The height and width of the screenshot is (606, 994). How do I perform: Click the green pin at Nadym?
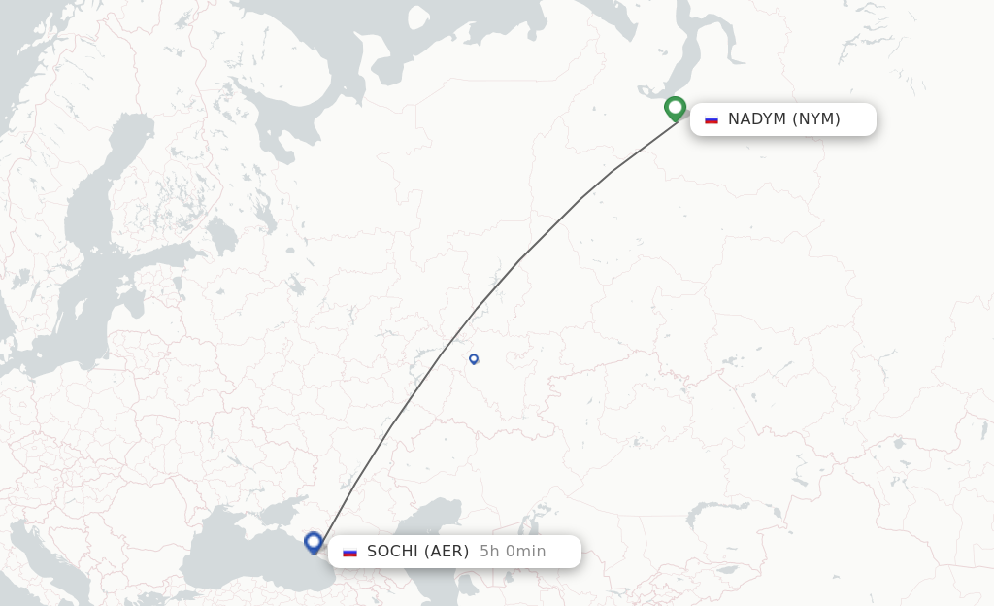(x=675, y=107)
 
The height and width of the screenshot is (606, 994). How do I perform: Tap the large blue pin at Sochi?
(x=313, y=542)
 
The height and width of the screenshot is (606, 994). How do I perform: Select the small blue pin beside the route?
(x=474, y=358)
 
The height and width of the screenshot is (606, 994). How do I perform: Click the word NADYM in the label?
(x=757, y=119)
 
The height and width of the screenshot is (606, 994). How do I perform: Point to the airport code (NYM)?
(x=816, y=119)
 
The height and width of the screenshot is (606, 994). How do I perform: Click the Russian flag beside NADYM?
(x=712, y=119)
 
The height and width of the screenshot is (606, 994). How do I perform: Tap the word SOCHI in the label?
(x=393, y=552)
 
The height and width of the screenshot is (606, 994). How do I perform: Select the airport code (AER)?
(x=447, y=552)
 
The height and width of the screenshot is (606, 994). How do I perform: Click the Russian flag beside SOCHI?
(x=349, y=552)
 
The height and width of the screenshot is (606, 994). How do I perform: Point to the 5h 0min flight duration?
(x=513, y=552)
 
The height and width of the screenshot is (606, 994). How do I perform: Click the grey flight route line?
(x=519, y=260)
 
